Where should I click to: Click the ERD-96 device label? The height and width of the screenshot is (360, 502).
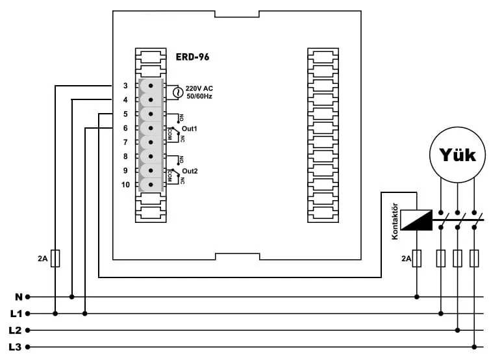point(192,57)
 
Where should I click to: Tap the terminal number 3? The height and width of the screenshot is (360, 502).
point(125,86)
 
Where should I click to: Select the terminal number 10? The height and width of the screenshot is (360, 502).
point(125,185)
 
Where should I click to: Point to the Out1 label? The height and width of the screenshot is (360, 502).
point(190,129)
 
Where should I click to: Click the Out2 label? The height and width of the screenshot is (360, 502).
point(190,172)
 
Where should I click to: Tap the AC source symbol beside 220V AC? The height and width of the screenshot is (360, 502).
point(178,93)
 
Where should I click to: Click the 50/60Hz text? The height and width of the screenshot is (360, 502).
point(199,96)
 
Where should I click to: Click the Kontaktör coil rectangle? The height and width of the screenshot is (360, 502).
point(416,220)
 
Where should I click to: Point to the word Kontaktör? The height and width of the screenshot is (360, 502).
point(395,222)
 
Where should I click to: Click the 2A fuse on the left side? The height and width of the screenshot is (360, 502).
point(55,259)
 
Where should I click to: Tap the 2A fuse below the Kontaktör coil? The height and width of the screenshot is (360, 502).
point(416,259)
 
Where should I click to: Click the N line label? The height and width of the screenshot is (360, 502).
point(19,297)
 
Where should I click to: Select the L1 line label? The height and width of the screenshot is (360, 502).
point(16,314)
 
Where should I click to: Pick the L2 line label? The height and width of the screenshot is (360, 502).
point(16,331)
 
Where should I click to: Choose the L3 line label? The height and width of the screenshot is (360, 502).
point(16,347)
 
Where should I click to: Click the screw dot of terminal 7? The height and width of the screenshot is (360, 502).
point(151,142)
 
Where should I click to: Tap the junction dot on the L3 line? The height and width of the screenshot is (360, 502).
point(475,347)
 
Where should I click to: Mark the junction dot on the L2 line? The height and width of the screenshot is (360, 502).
point(458,330)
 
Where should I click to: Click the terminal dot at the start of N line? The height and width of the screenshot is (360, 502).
point(28,297)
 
